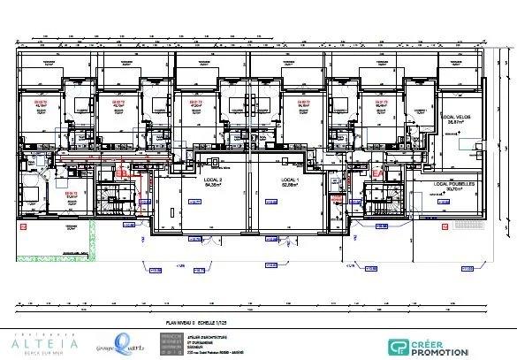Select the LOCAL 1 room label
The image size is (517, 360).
click(x=292, y=180)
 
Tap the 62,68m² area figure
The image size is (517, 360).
click(x=292, y=186)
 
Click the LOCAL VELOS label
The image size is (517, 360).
click(x=457, y=117)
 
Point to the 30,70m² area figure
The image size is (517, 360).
click(x=454, y=188)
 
